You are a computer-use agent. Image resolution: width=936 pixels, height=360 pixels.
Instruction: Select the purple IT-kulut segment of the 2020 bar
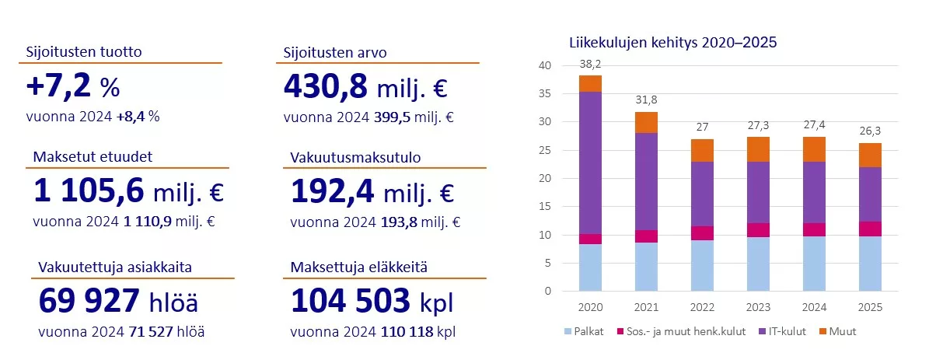click(590, 162)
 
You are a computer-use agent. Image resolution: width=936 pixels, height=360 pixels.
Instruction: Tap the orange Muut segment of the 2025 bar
click(870, 155)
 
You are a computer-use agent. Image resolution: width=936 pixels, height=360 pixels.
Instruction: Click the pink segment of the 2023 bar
click(758, 229)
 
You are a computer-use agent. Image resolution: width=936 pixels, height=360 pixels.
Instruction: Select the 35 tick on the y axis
click(544, 93)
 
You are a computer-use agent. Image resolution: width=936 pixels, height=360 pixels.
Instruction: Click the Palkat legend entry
click(584, 331)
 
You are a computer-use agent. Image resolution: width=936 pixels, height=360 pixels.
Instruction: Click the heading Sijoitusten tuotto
click(84, 53)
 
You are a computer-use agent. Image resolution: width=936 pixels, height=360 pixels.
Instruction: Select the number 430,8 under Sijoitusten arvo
click(325, 86)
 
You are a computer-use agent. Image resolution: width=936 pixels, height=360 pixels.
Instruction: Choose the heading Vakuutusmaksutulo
click(354, 157)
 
